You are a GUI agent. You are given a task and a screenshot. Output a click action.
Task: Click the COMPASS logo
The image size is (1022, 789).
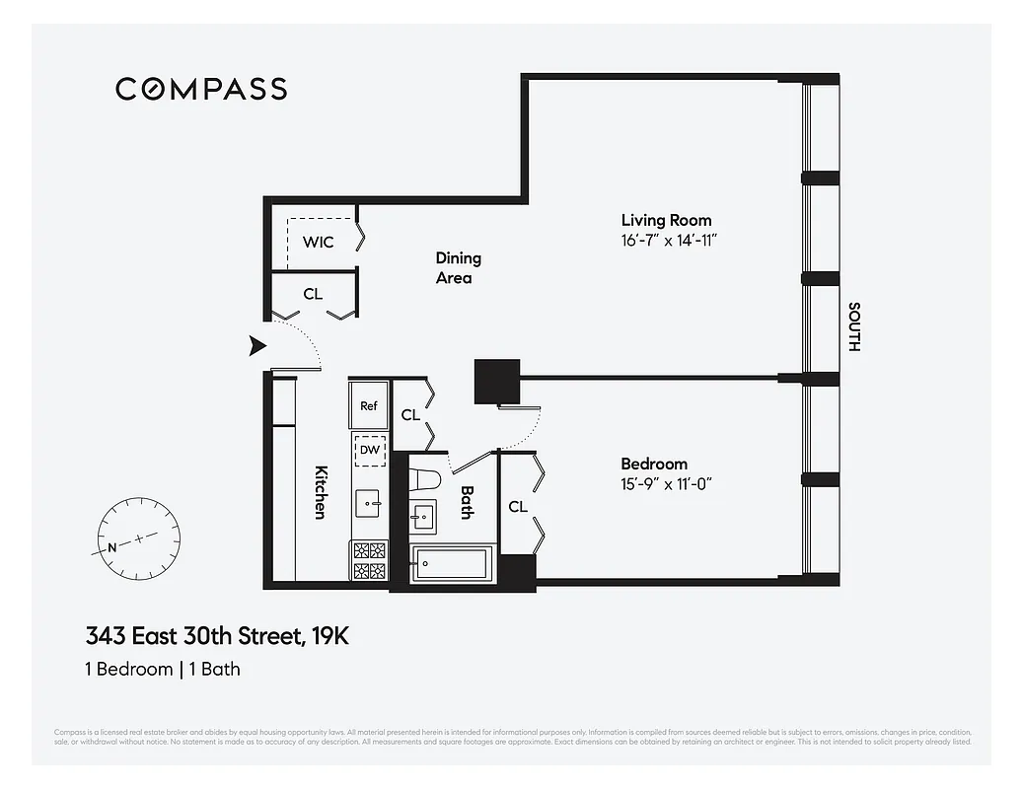[x=201, y=89]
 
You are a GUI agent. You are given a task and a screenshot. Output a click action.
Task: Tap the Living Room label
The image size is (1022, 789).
[x=666, y=220]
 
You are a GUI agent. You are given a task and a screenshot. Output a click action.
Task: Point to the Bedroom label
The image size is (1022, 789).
[x=654, y=464]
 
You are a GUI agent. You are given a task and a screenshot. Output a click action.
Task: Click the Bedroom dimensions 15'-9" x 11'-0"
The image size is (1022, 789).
[x=666, y=483]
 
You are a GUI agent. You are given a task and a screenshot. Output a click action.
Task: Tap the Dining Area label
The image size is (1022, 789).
[x=458, y=267]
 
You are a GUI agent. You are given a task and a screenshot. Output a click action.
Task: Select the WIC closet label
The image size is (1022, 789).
[x=318, y=243]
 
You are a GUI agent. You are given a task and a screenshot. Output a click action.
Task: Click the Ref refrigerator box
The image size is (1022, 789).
[x=369, y=405]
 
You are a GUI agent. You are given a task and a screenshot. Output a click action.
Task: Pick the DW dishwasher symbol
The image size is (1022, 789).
[x=369, y=451]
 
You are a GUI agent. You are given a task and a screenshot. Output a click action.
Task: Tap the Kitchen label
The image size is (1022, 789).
[x=320, y=491]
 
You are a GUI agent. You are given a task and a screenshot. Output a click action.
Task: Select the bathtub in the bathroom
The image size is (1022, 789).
[x=450, y=564]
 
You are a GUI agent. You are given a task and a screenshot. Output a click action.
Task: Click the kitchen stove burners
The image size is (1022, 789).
[x=369, y=560]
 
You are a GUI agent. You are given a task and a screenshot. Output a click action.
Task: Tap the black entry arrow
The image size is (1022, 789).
[x=258, y=345]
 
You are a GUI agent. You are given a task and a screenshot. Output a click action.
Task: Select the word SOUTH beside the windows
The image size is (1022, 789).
[x=854, y=326]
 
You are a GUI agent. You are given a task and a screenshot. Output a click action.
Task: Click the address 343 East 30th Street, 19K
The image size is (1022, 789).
[x=217, y=636]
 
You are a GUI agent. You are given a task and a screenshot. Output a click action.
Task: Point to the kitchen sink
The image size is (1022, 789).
[x=371, y=503]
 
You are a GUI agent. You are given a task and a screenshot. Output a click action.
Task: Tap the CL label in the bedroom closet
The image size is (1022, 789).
[x=517, y=507]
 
